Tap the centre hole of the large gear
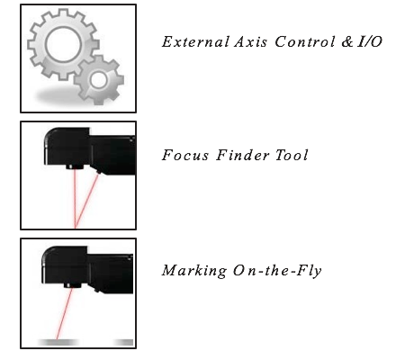coord(63,44)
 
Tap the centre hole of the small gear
coord(99,80)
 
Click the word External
coord(195,41)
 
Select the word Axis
coord(250,41)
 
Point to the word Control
coord(305,41)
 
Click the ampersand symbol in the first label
coord(347,42)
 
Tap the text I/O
coord(370,41)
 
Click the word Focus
coord(185,155)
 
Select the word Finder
coord(243,155)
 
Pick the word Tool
coord(292,155)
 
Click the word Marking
coord(194,271)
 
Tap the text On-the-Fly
coord(277,271)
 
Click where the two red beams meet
coord(76,227)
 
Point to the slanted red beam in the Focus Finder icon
coord(86,201)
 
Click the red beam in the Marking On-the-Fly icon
coord(65,313)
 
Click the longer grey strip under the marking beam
coord(58,342)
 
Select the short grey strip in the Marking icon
coord(123,342)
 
